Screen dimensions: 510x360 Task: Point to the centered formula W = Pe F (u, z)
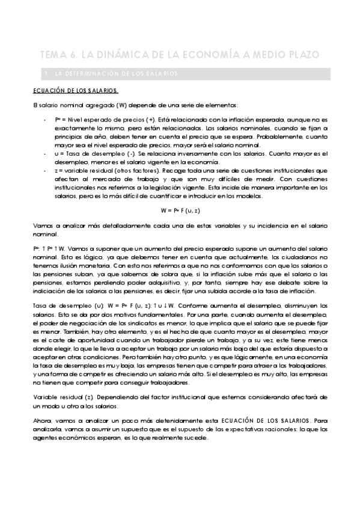point(180,211)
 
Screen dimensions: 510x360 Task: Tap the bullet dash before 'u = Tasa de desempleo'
point(46,153)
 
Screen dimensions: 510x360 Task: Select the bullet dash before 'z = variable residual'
point(46,170)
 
